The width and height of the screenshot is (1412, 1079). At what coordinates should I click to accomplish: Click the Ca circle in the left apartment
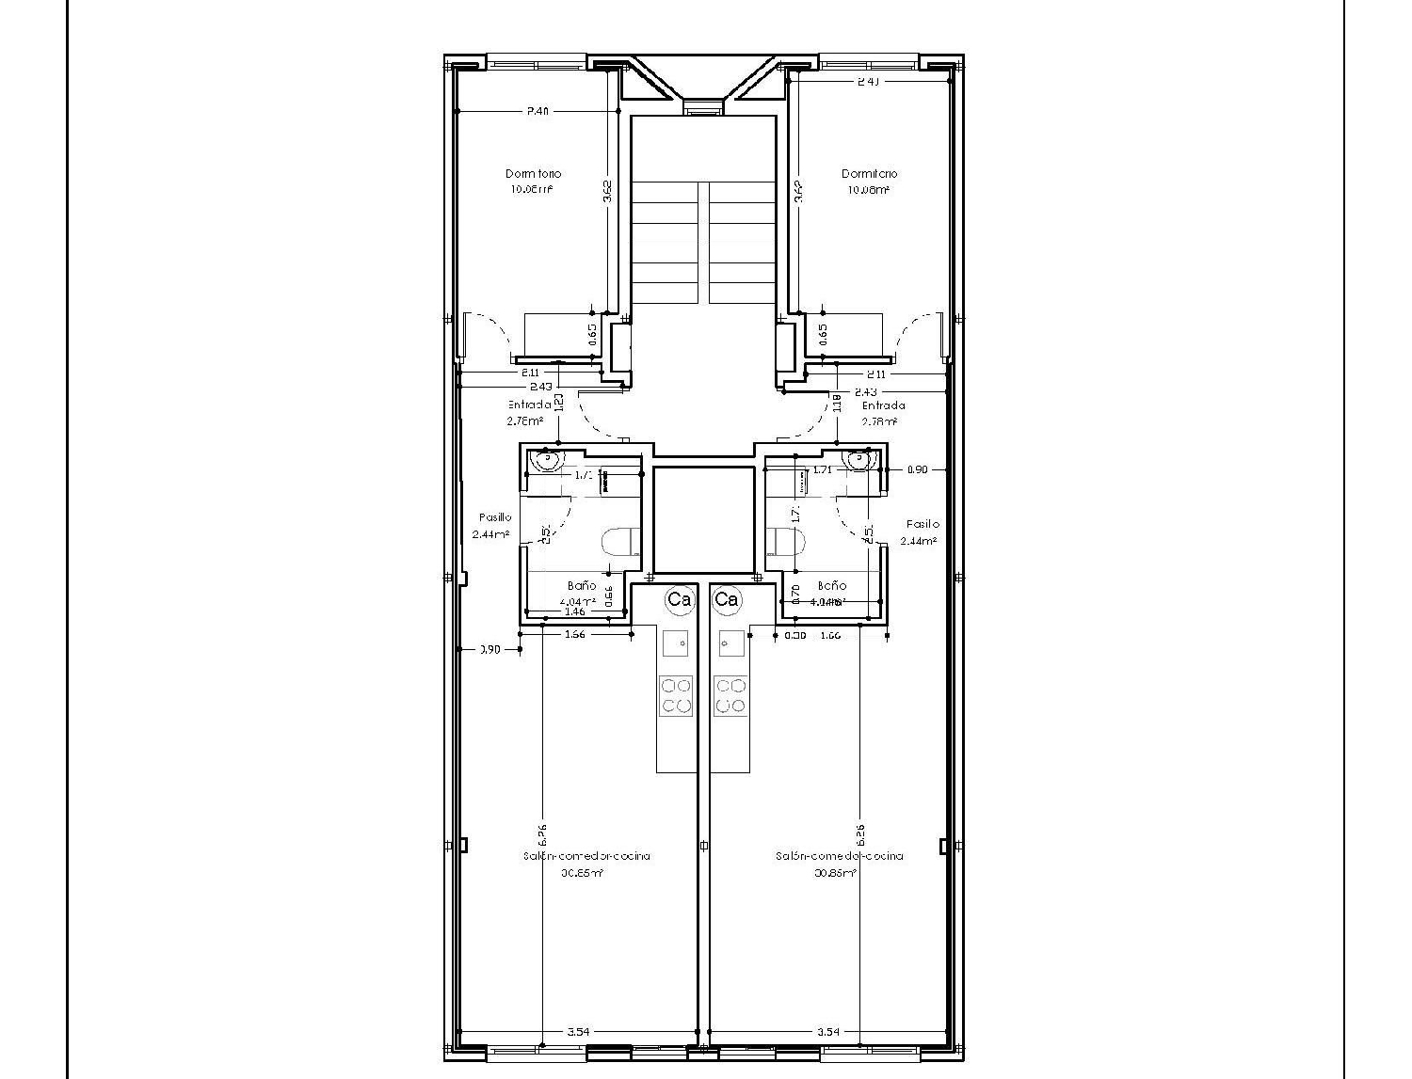click(x=679, y=599)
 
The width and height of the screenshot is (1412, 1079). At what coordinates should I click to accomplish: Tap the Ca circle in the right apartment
click(x=727, y=599)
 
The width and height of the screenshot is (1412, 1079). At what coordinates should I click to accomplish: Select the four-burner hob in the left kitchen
click(x=677, y=695)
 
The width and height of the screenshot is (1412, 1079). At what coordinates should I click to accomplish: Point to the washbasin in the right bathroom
click(x=859, y=459)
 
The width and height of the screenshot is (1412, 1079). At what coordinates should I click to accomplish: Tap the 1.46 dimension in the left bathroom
click(x=573, y=611)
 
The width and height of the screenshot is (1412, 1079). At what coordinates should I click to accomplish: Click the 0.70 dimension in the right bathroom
click(x=795, y=594)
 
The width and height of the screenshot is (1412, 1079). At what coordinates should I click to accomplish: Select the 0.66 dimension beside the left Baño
click(x=609, y=596)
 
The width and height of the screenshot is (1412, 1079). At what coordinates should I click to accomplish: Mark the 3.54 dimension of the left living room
click(x=578, y=1032)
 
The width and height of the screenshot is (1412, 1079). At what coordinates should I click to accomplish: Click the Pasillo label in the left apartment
click(x=495, y=517)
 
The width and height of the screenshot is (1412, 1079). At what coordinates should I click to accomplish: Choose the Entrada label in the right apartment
click(x=884, y=405)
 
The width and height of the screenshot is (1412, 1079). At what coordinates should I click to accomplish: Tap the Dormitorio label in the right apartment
click(x=869, y=174)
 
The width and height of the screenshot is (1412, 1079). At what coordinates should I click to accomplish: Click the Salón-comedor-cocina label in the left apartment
click(x=586, y=856)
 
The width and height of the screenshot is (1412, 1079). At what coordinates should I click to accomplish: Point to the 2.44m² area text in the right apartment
click(x=918, y=541)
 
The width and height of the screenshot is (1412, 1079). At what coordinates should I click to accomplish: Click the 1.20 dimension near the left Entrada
click(x=559, y=403)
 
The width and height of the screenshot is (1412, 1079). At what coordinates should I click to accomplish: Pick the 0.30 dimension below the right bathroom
click(x=795, y=635)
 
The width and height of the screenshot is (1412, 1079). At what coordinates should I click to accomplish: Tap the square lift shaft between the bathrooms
click(x=703, y=520)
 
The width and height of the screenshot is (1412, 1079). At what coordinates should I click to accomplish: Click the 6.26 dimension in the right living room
click(x=860, y=834)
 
